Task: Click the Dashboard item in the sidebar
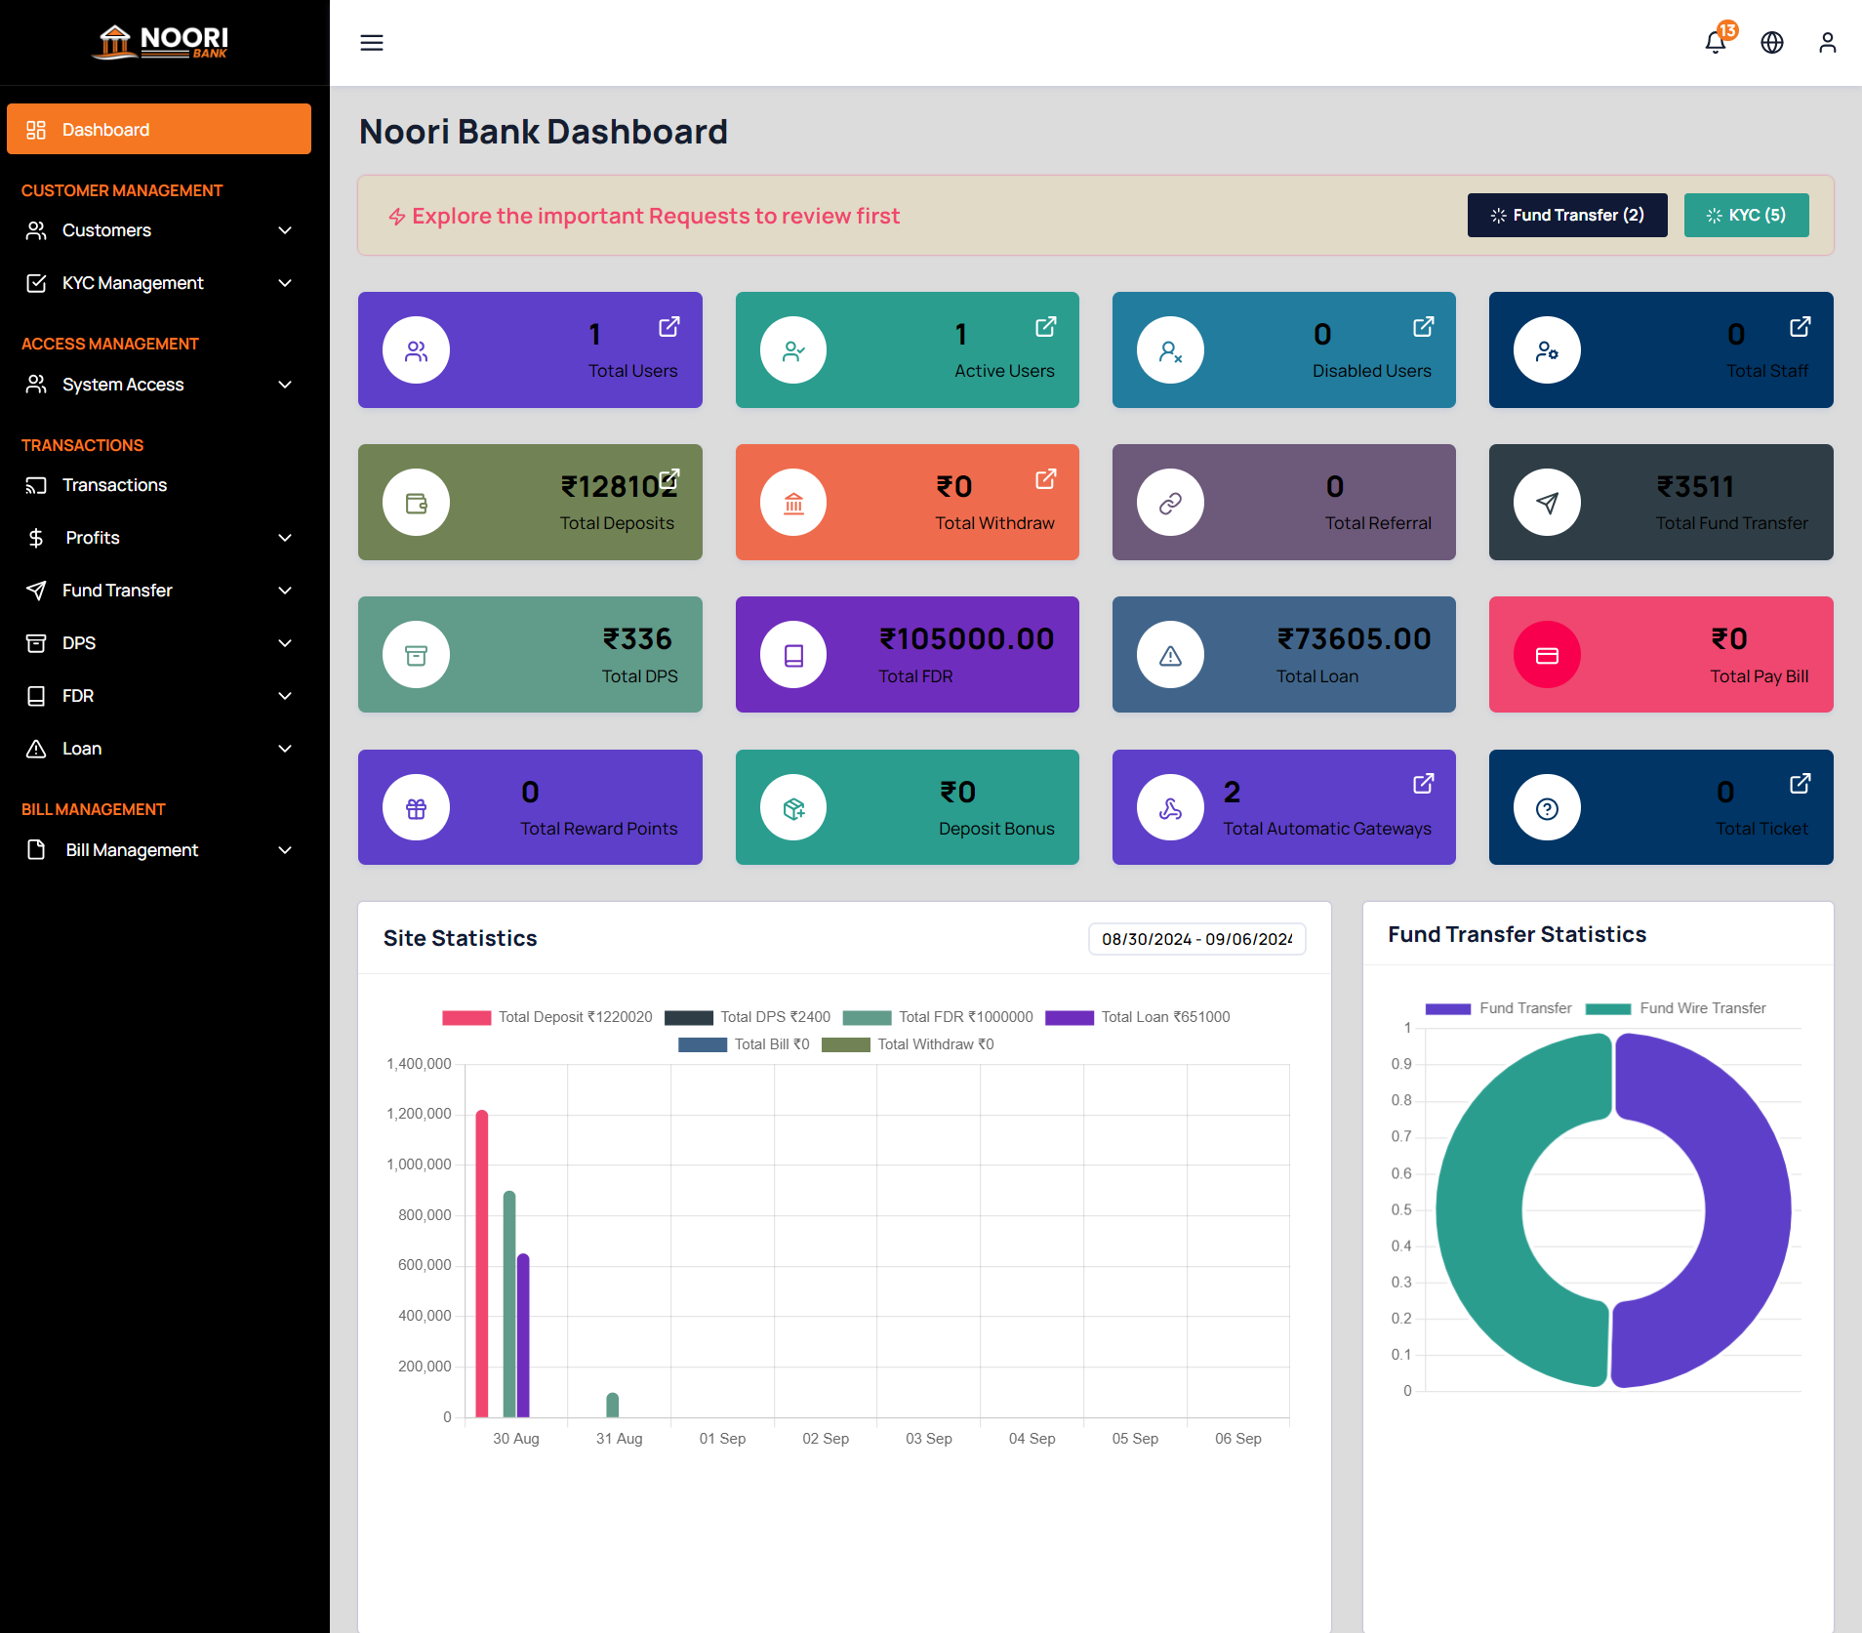tap(158, 129)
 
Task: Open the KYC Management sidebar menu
tap(158, 283)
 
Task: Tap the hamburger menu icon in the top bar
tap(371, 43)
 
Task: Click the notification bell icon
tap(1715, 42)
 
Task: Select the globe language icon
tap(1771, 43)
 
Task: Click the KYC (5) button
tap(1745, 215)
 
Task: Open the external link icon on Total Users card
tap(668, 327)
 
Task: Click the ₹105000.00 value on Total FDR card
tap(966, 638)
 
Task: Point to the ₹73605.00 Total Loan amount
tap(1354, 638)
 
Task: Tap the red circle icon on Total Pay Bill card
tap(1547, 655)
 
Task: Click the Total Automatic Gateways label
tap(1326, 829)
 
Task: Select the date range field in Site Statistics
tap(1196, 939)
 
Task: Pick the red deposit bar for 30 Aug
tap(481, 1264)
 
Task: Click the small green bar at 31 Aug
tap(612, 1406)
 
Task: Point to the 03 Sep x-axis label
tap(928, 1439)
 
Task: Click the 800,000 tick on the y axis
tap(425, 1215)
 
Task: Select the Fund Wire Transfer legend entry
tap(1676, 1008)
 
